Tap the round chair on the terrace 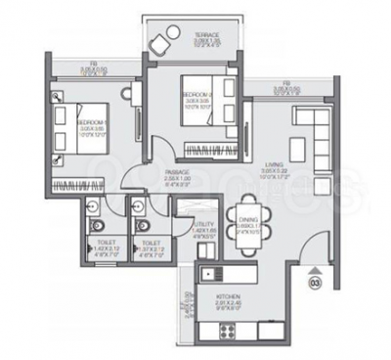click(x=161, y=44)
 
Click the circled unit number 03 click(x=315, y=284)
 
